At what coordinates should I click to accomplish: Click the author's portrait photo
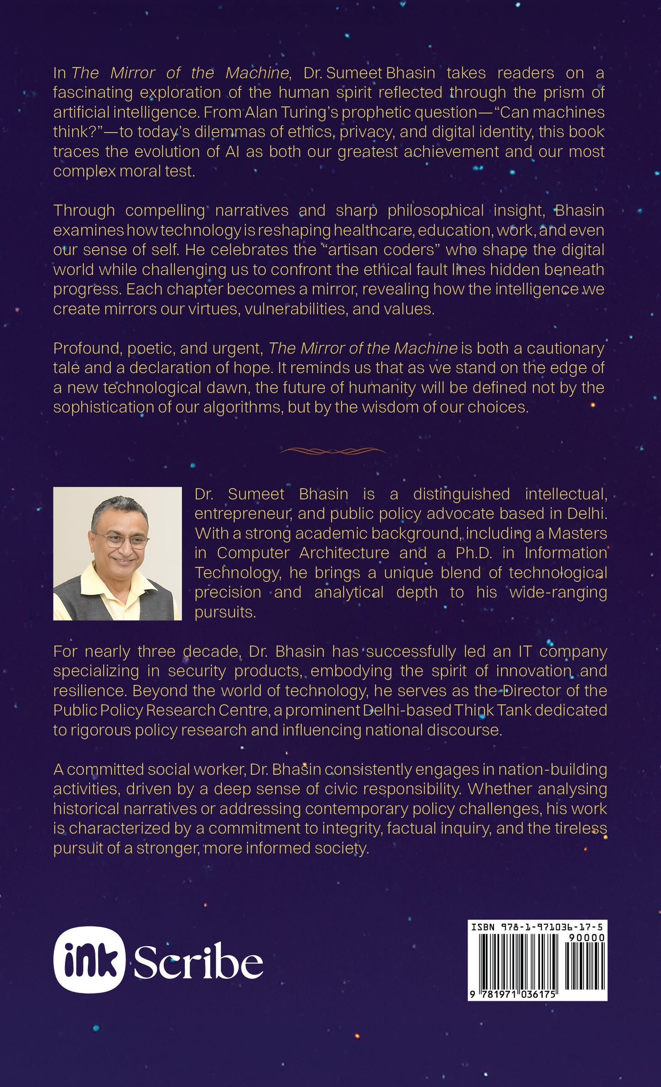117,553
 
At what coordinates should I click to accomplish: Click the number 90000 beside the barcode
586,938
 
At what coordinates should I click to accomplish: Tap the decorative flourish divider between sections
333,451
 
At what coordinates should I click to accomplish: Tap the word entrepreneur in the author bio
243,514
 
